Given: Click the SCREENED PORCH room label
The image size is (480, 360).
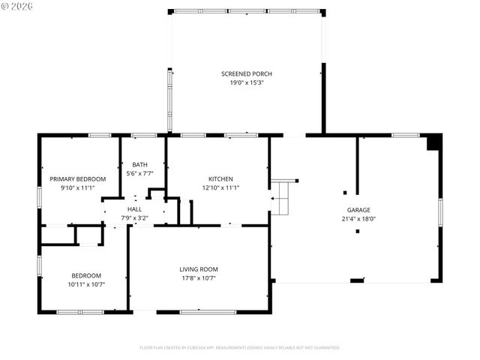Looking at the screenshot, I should pyautogui.click(x=246, y=73).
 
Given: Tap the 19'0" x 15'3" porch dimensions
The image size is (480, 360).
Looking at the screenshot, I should pyautogui.click(x=246, y=82).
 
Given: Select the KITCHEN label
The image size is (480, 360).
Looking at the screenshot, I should pyautogui.click(x=220, y=179).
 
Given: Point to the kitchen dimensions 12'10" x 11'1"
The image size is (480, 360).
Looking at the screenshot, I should pyautogui.click(x=220, y=188).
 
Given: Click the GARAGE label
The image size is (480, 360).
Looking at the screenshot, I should pyautogui.click(x=358, y=210).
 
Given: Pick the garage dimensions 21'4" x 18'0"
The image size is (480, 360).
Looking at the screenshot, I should pyautogui.click(x=358, y=219).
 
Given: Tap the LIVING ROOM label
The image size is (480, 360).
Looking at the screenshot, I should pyautogui.click(x=198, y=269).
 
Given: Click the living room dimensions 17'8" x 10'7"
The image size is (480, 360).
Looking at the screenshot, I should pyautogui.click(x=198, y=278).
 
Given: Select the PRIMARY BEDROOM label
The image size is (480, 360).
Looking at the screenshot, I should pyautogui.click(x=77, y=179).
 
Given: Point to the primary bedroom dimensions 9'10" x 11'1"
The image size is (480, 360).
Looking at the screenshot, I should pyautogui.click(x=77, y=188).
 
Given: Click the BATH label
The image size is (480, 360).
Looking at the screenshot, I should pyautogui.click(x=139, y=165).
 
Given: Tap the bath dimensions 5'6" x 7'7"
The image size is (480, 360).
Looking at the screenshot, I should pyautogui.click(x=139, y=173).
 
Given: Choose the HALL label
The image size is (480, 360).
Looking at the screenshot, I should pyautogui.click(x=134, y=209).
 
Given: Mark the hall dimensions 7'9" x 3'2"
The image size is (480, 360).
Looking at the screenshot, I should pyautogui.click(x=134, y=218).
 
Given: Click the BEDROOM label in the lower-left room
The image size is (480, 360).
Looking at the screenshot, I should pyautogui.click(x=86, y=275).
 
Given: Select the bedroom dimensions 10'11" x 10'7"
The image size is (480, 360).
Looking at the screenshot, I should pyautogui.click(x=86, y=284).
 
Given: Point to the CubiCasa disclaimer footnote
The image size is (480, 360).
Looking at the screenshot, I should pyautogui.click(x=239, y=348).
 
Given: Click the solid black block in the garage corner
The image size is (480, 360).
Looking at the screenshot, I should pyautogui.click(x=433, y=142).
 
